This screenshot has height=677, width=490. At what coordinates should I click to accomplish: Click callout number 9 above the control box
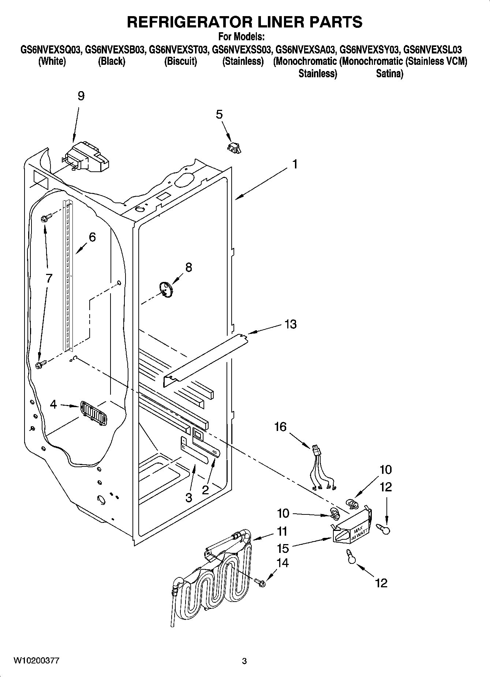point(81,96)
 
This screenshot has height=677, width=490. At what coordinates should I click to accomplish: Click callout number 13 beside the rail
point(290,324)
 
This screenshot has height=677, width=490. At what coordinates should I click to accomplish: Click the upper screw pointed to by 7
point(44,219)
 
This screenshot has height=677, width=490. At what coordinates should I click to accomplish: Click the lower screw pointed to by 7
point(40,365)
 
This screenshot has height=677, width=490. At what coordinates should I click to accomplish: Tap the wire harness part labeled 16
point(322,469)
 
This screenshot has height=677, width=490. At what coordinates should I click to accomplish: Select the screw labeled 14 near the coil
point(261,583)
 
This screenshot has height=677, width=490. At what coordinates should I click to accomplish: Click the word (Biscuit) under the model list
point(180,62)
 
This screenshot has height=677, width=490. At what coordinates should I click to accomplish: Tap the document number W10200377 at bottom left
point(36,661)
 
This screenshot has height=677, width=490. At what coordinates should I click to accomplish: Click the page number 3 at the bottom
point(244,661)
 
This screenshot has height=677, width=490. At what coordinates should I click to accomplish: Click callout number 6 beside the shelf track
point(92,237)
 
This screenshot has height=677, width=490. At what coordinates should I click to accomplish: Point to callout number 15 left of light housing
point(283,548)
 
